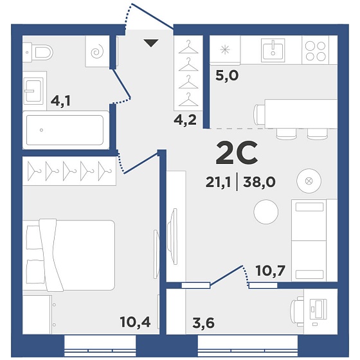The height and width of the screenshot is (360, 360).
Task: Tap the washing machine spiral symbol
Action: (x=97, y=52)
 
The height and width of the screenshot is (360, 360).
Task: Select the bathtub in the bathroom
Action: (x=66, y=130)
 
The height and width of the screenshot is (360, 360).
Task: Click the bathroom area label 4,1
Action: (x=60, y=101)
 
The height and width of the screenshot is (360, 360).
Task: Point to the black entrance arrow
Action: (x=151, y=43)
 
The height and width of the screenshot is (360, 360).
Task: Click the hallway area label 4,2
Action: (x=185, y=120)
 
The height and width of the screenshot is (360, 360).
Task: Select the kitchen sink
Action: (x=273, y=50)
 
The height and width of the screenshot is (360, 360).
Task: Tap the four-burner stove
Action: (x=315, y=50)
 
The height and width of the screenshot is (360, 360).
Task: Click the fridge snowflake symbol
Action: (x=225, y=50)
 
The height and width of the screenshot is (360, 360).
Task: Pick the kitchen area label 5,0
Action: (x=227, y=76)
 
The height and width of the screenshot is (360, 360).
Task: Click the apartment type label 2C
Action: (x=237, y=153)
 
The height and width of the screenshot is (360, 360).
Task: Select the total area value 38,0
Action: (x=260, y=183)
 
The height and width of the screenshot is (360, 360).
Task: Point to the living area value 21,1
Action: (x=218, y=183)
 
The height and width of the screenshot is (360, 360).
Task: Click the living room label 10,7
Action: (x=271, y=271)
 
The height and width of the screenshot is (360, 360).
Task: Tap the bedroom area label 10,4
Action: (x=135, y=321)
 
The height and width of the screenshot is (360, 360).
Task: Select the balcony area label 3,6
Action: (x=203, y=323)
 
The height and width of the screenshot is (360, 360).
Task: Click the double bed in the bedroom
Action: (x=69, y=255)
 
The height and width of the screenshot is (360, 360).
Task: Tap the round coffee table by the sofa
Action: (x=266, y=212)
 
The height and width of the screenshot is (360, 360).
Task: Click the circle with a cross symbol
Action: (x=309, y=181)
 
